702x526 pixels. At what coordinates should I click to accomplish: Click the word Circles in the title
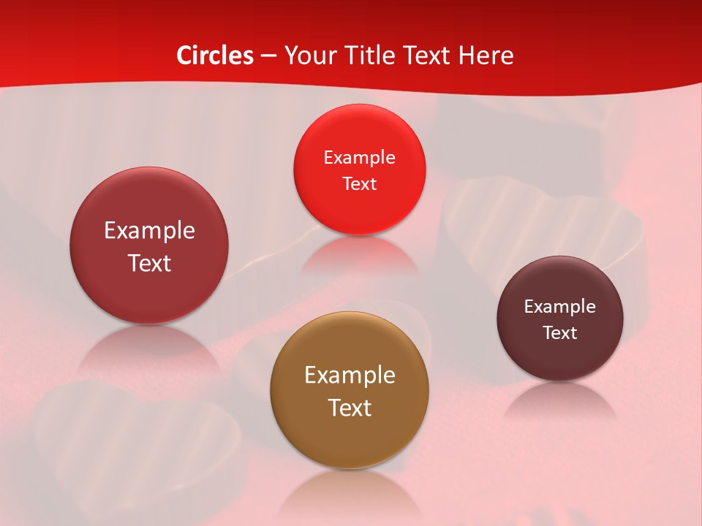215,56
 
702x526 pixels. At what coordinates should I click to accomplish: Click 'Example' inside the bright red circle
359,158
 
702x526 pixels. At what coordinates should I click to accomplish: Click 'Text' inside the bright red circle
359,184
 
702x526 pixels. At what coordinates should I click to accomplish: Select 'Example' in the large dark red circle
149,231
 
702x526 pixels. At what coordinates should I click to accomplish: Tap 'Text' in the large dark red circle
149,263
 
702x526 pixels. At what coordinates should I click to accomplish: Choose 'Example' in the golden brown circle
350,376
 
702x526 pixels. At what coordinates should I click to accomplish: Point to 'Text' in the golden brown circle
350,408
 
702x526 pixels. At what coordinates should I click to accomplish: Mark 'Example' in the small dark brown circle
560,307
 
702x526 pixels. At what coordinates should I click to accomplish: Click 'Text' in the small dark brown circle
560,333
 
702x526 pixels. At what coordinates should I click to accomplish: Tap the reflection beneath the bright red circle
359,256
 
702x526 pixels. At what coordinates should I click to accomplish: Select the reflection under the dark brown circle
560,398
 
